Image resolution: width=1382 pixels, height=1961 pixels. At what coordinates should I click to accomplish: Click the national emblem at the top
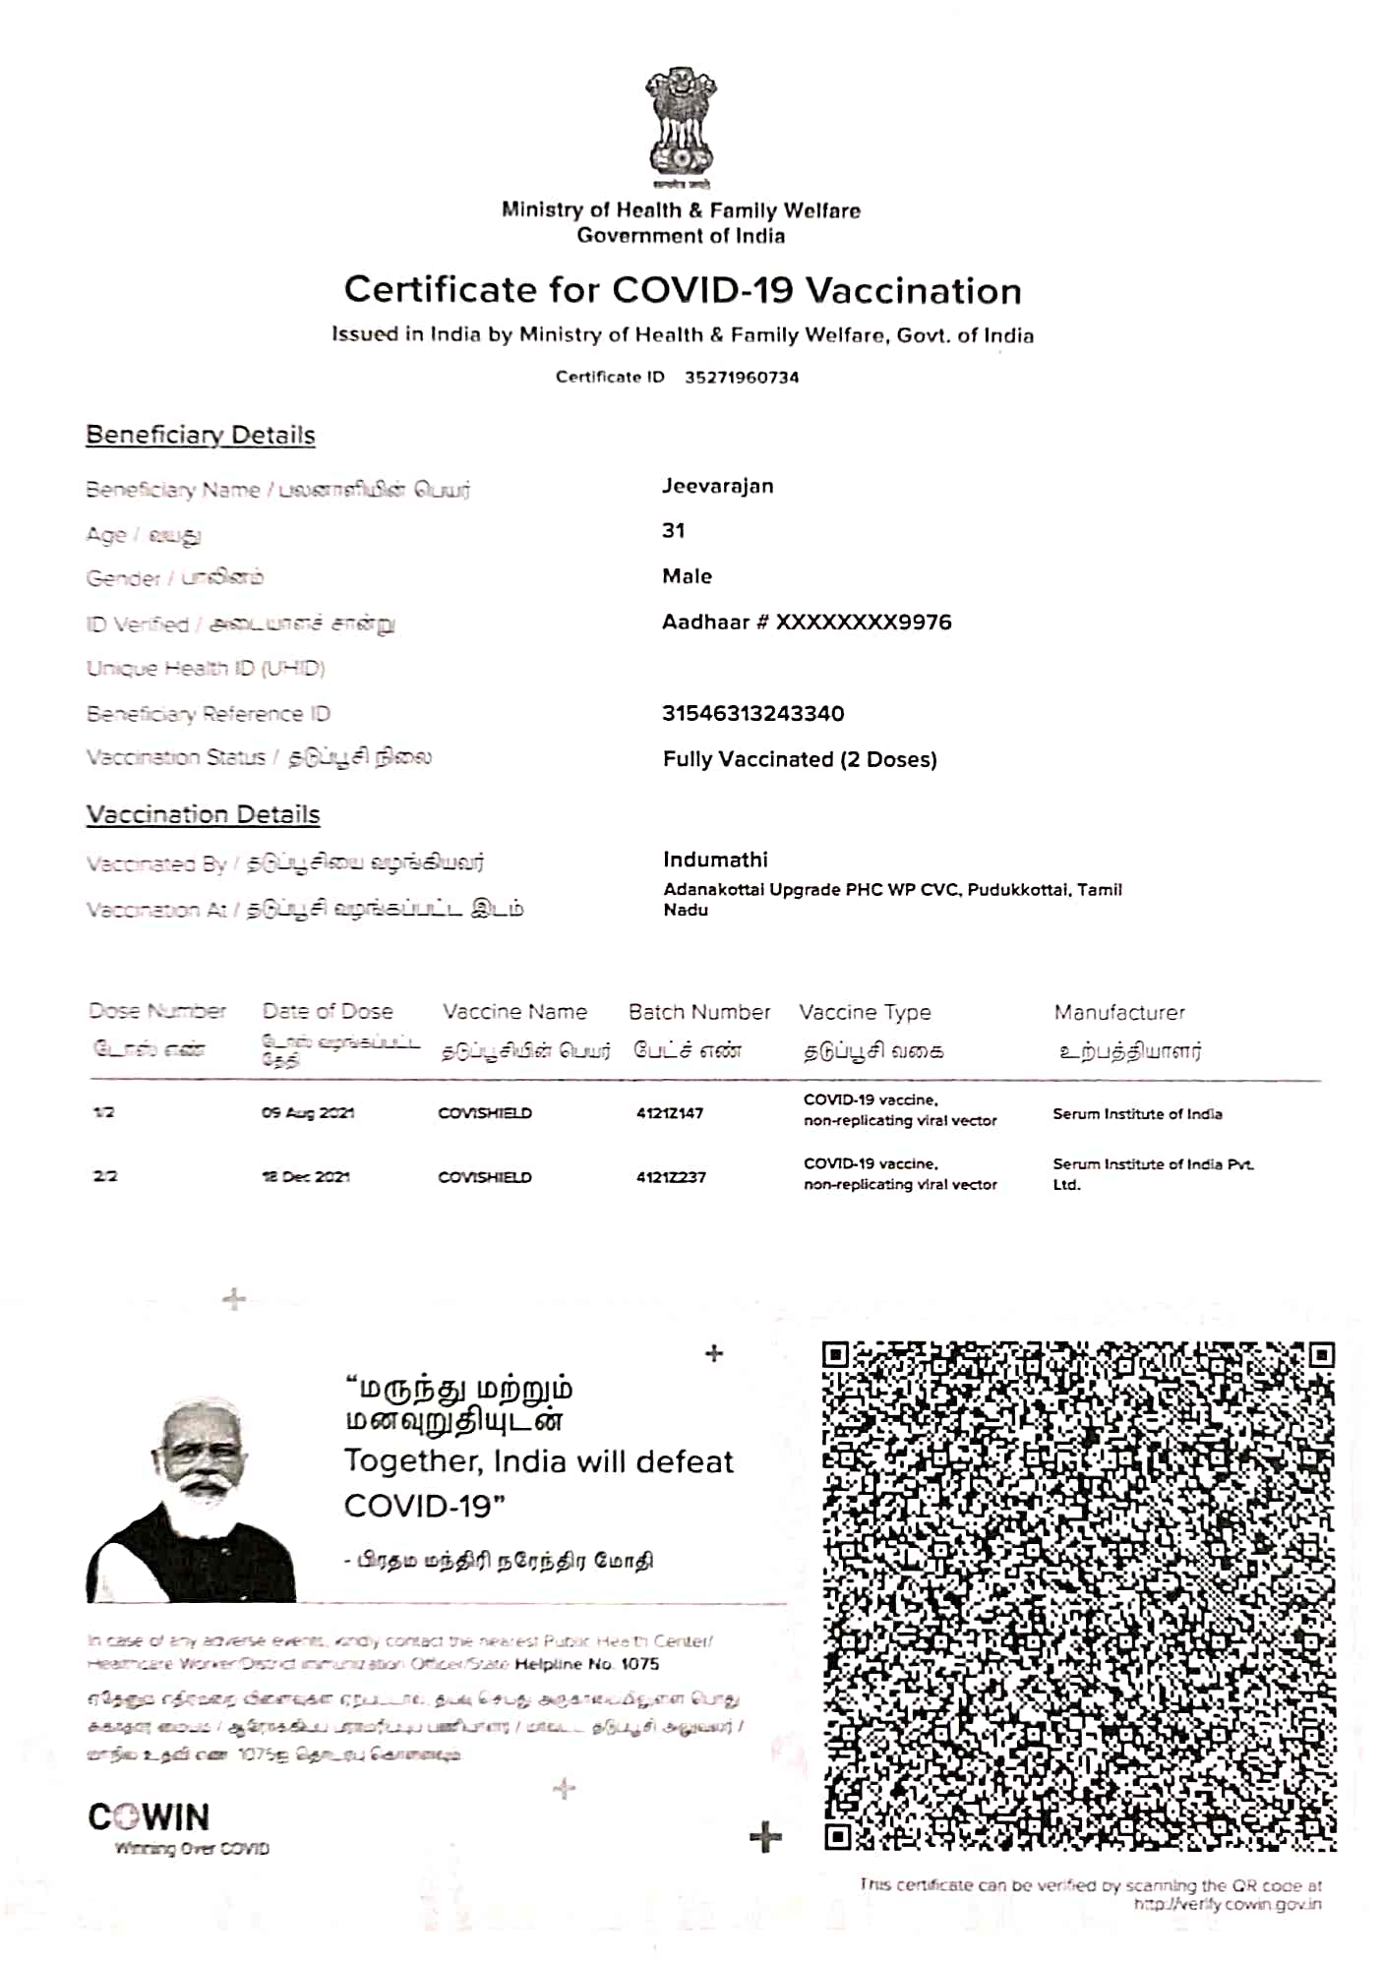click(x=681, y=123)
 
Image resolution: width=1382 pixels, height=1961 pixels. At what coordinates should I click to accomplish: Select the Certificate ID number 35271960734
click(x=742, y=378)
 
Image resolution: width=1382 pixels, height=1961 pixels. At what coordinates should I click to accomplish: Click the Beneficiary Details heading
click(x=201, y=435)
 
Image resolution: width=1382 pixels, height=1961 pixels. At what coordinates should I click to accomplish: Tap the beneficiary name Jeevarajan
click(x=717, y=486)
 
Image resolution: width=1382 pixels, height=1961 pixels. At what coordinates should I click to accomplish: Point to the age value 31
click(x=674, y=531)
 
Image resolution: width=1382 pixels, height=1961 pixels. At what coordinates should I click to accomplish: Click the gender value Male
click(x=687, y=576)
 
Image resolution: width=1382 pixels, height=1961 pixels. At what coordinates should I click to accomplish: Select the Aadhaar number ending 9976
click(x=807, y=623)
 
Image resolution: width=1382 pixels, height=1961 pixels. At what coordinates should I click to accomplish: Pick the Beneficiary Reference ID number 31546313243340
click(x=752, y=714)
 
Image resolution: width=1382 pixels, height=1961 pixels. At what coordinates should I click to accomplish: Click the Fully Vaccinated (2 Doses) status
click(x=800, y=759)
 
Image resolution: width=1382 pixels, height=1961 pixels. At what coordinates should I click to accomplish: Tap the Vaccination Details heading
click(x=203, y=814)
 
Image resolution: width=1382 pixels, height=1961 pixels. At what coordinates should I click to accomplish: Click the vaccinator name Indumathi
click(x=715, y=860)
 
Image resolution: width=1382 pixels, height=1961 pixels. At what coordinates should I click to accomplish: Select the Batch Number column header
click(x=699, y=1012)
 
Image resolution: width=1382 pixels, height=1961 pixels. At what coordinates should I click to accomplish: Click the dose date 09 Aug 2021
click(x=307, y=1113)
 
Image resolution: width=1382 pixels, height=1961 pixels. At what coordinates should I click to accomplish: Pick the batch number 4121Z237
click(x=671, y=1177)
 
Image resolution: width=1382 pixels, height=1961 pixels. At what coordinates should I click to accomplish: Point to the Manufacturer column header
click(x=1119, y=1012)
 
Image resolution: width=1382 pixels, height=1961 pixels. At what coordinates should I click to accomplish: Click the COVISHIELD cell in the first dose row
click(x=485, y=1113)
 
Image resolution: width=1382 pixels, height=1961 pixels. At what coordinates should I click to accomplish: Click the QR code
click(x=1079, y=1595)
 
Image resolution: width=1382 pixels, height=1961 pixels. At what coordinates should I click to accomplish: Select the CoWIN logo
click(x=150, y=1817)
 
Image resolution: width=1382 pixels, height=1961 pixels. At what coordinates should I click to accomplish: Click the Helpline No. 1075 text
click(x=586, y=1664)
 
